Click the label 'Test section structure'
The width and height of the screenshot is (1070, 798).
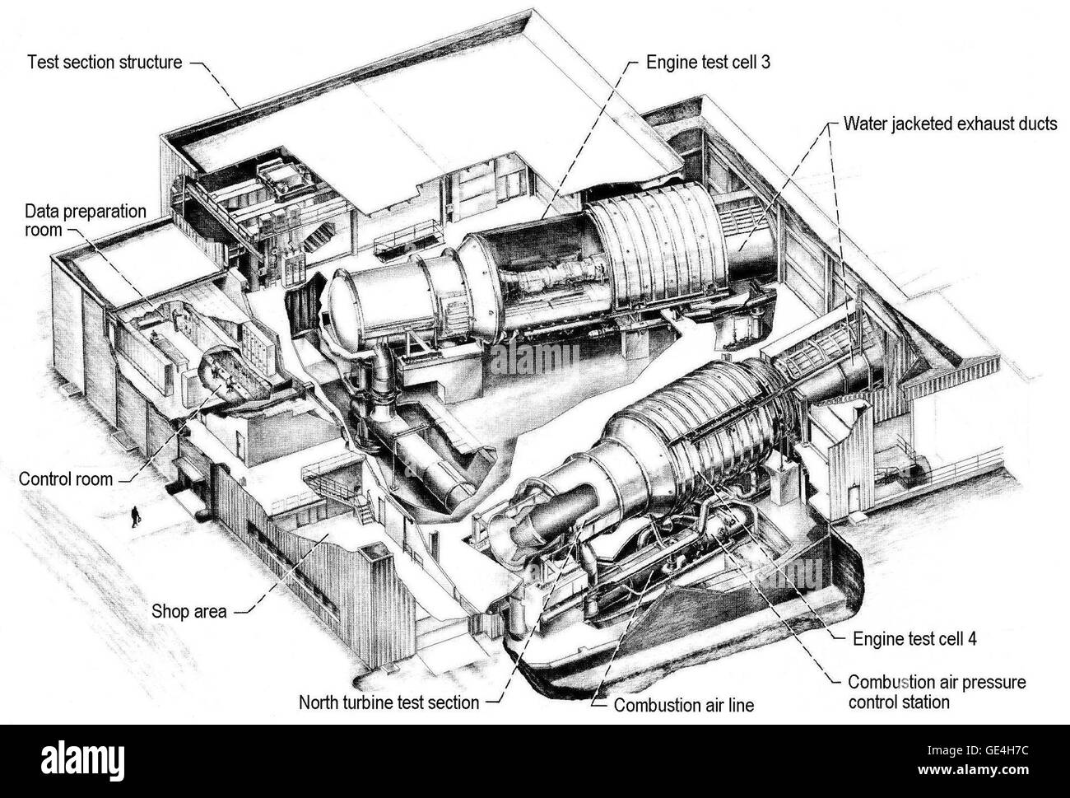coord(105,63)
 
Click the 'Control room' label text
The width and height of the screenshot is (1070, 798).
coord(65,478)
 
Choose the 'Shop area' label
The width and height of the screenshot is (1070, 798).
coord(190,612)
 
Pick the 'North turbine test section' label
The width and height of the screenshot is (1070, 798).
coord(388,702)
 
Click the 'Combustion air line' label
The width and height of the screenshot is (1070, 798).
coord(684,705)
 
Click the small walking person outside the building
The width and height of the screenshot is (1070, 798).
coord(133,516)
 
